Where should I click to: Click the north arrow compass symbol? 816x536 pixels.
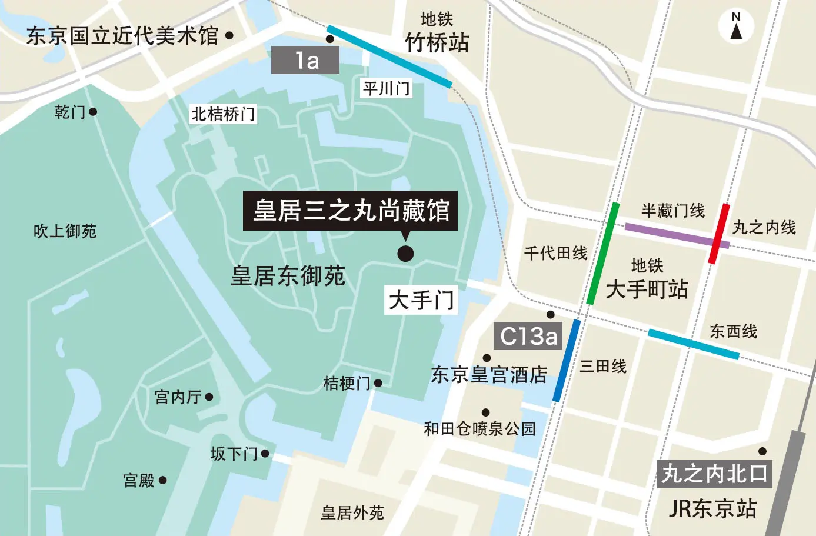pyautogui.click(x=736, y=26)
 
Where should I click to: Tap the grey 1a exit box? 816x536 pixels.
pyautogui.click(x=305, y=61)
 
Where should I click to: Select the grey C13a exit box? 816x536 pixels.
pyautogui.click(x=528, y=336)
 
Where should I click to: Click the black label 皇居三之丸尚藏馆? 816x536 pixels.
pyautogui.click(x=351, y=210)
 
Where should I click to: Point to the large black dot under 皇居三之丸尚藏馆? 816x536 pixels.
pyautogui.click(x=405, y=254)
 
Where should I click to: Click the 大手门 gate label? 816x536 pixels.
pyautogui.click(x=421, y=300)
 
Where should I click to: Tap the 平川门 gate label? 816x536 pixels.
pyautogui.click(x=386, y=89)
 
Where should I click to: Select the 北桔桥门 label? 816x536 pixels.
pyautogui.click(x=223, y=114)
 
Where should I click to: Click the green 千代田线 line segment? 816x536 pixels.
pyautogui.click(x=603, y=254)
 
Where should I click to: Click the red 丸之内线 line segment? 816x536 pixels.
pyautogui.click(x=719, y=234)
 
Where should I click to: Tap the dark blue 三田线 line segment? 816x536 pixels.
pyautogui.click(x=567, y=361)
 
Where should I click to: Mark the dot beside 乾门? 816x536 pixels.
pyautogui.click(x=93, y=111)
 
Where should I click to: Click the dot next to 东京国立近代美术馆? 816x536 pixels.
pyautogui.click(x=229, y=36)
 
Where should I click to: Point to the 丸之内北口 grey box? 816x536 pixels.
pyautogui.click(x=714, y=473)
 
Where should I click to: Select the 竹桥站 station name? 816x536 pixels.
pyautogui.click(x=437, y=42)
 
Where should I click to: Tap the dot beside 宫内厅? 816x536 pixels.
pyautogui.click(x=209, y=397)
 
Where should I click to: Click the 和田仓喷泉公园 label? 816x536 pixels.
pyautogui.click(x=480, y=428)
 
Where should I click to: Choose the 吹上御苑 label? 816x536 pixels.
pyautogui.click(x=65, y=231)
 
